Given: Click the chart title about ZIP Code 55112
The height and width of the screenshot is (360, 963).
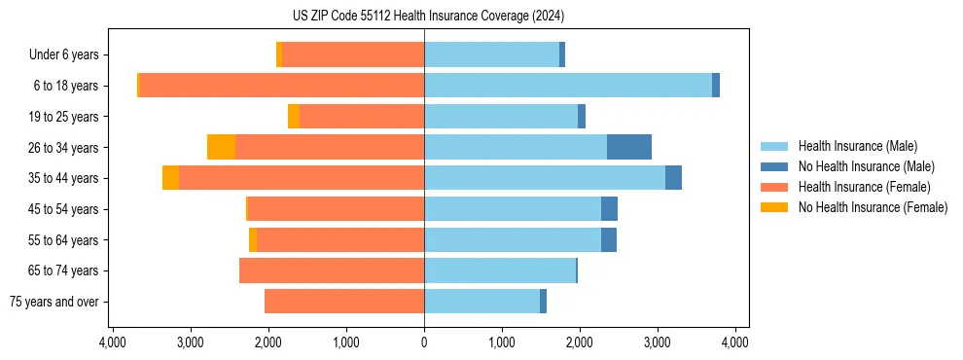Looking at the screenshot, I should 428,16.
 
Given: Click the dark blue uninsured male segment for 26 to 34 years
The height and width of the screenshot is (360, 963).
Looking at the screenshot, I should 628,147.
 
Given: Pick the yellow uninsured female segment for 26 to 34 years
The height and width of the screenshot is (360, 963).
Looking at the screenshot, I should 221,147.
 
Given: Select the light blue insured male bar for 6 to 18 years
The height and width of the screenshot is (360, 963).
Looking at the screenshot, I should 567,86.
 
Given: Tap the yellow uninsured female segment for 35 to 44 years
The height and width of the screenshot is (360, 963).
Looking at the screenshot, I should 170,178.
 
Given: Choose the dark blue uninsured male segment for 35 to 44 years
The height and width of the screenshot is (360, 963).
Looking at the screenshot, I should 673,178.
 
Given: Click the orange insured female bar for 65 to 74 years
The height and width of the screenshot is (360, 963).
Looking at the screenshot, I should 331,270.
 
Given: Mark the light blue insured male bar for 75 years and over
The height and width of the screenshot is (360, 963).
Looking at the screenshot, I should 481,302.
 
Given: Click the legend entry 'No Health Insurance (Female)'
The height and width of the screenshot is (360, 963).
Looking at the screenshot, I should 873,207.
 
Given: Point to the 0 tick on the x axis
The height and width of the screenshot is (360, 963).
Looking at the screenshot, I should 424,342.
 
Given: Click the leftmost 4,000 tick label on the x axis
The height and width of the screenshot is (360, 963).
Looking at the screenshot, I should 113,342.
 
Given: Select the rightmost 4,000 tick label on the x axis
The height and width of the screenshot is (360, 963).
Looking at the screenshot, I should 734,342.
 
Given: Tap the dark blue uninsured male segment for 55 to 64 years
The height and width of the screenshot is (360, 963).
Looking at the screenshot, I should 608,239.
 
